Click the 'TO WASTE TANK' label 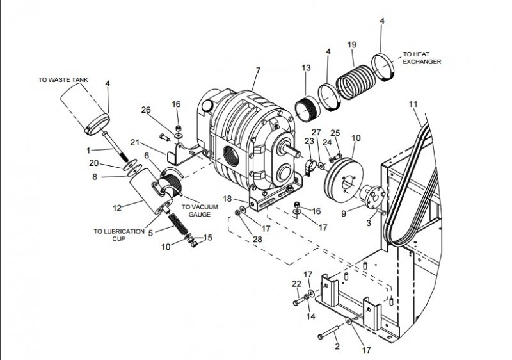pyautogui.click(x=63, y=80)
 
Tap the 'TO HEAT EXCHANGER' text pyautogui.click(x=422, y=58)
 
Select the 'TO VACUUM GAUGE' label pyautogui.click(x=200, y=211)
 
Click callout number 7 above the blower pyautogui.click(x=257, y=70)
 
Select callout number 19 pyautogui.click(x=351, y=44)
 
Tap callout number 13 pyautogui.click(x=305, y=68)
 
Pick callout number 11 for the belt pyautogui.click(x=413, y=103)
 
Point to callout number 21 pyautogui.click(x=135, y=142)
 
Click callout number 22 pyautogui.click(x=296, y=284)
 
